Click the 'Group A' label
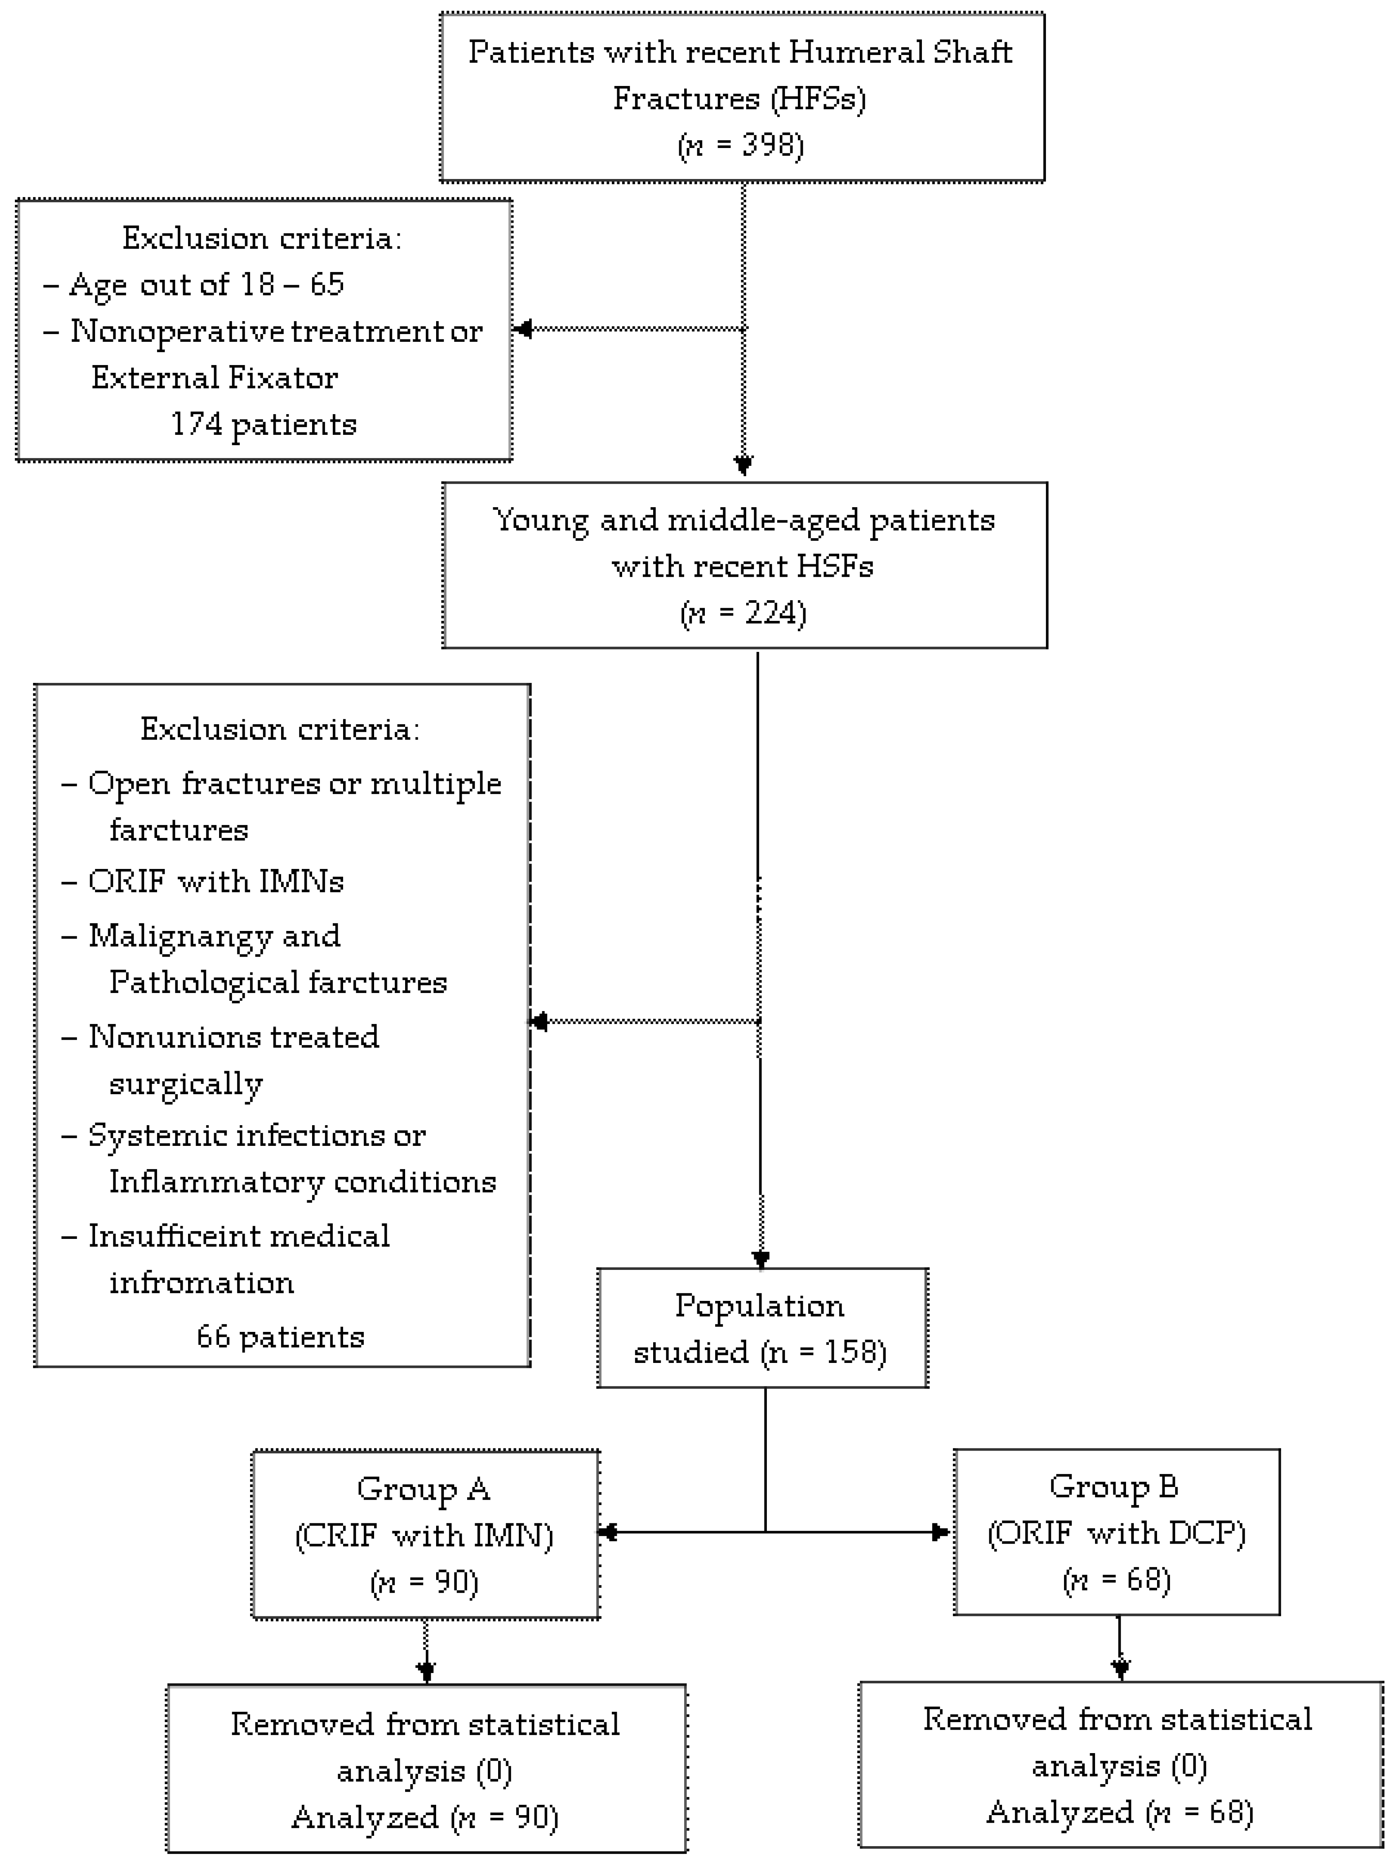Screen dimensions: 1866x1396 coord(423,1488)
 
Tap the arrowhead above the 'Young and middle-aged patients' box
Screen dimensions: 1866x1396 coord(743,465)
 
